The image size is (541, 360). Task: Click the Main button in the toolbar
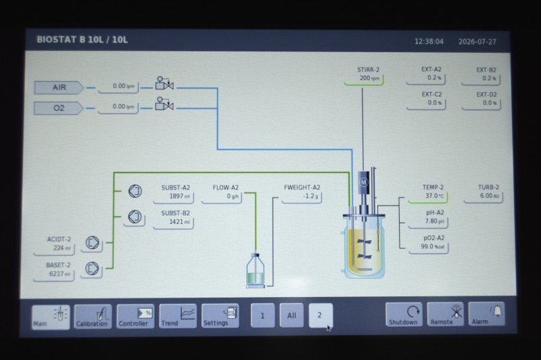51,317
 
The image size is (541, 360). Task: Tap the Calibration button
93,317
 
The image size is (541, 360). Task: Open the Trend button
178,316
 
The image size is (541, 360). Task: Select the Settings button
220,315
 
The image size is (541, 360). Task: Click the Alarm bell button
486,314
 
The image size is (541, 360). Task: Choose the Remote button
445,314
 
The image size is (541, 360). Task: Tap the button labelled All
291,315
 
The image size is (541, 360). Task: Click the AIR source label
59,88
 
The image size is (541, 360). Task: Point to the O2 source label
59,108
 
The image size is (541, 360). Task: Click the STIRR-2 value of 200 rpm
369,78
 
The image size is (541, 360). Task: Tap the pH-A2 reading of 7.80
434,221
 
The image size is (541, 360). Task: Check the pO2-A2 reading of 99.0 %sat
433,246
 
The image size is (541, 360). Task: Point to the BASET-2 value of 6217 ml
60,273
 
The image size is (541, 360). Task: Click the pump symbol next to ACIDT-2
92,243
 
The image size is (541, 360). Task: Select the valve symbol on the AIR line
164,83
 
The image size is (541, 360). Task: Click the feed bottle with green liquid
256,269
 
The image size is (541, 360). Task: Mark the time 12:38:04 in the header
429,42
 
